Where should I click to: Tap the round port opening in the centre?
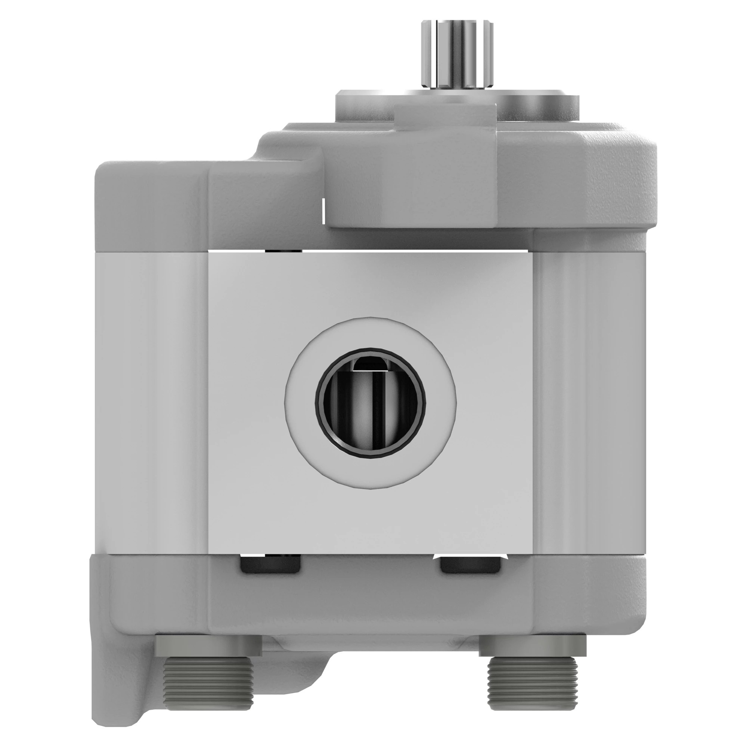[x=371, y=403]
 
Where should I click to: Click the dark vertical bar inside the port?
[x=374, y=410]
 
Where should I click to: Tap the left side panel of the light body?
[x=153, y=402]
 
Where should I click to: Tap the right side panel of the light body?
[x=590, y=402]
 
